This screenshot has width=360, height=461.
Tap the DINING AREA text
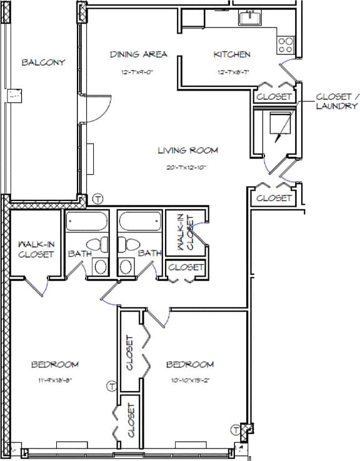139,54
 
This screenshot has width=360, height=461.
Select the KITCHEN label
232,55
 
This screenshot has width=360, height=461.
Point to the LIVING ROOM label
187,150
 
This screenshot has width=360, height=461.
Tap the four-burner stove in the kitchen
286,44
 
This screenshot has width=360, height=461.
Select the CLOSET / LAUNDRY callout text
337,101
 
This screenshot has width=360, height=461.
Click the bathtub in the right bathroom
140,222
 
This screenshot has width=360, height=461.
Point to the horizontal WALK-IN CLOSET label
35,249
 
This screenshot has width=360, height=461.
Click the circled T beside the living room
97,199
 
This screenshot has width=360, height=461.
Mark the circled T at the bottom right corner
236,430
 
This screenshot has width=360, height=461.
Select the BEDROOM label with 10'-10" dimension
190,364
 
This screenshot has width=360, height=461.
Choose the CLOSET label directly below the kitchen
274,97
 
